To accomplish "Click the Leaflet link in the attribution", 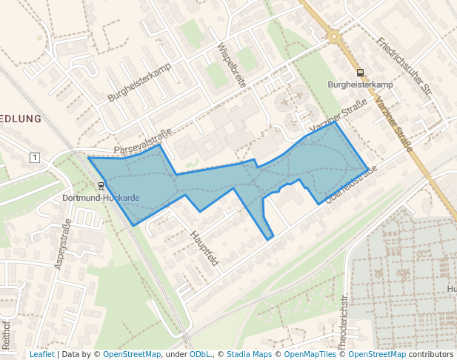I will click(41, 355).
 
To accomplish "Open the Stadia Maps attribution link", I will click(249, 355).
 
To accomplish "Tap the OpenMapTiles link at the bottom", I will click(305, 355).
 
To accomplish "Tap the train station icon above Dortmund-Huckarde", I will click(101, 186).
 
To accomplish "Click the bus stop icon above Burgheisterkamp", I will click(361, 73).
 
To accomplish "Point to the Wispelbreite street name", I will click(230, 65).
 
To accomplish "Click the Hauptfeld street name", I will click(205, 247).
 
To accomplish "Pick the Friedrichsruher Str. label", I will click(404, 66).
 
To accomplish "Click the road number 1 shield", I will click(34, 157).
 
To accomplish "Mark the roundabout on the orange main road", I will click(334, 35).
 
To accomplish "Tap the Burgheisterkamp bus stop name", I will click(360, 84).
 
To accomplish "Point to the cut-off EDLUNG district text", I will click(20, 119).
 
